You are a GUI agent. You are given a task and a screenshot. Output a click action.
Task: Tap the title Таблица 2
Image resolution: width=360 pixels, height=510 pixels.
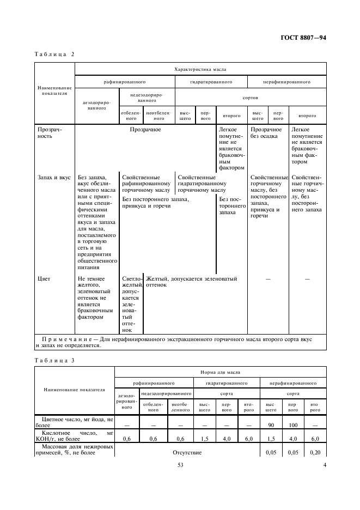[x=55, y=54]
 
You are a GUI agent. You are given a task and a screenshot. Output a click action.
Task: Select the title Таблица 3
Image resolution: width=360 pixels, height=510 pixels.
[x=55, y=360]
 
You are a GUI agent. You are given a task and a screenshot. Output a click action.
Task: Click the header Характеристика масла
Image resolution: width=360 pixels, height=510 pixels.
[x=200, y=70]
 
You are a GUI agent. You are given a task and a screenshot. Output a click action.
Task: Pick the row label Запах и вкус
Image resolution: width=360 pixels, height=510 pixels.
[x=54, y=177]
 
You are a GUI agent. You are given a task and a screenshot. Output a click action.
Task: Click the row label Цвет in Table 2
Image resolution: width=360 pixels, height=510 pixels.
[x=44, y=279]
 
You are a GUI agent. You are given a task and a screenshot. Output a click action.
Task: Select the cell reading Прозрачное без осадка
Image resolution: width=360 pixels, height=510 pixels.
[x=266, y=132]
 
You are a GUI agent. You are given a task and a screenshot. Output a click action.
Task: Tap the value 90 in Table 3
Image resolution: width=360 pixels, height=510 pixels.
[x=270, y=424]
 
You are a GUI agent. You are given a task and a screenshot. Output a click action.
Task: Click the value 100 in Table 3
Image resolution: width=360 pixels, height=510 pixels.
[x=292, y=424]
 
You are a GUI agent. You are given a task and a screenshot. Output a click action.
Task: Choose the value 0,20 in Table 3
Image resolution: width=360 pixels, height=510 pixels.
[x=314, y=452]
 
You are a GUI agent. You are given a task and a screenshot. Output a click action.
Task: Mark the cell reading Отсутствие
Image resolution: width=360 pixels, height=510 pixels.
[x=187, y=452]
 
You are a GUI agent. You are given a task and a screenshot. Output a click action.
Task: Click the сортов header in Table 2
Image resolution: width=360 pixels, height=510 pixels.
[x=250, y=100]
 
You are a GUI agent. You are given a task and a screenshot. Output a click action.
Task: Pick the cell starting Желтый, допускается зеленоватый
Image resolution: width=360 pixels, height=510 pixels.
[x=191, y=282]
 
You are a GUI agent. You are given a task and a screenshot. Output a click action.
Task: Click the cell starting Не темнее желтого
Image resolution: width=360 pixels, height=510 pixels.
[x=96, y=297]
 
